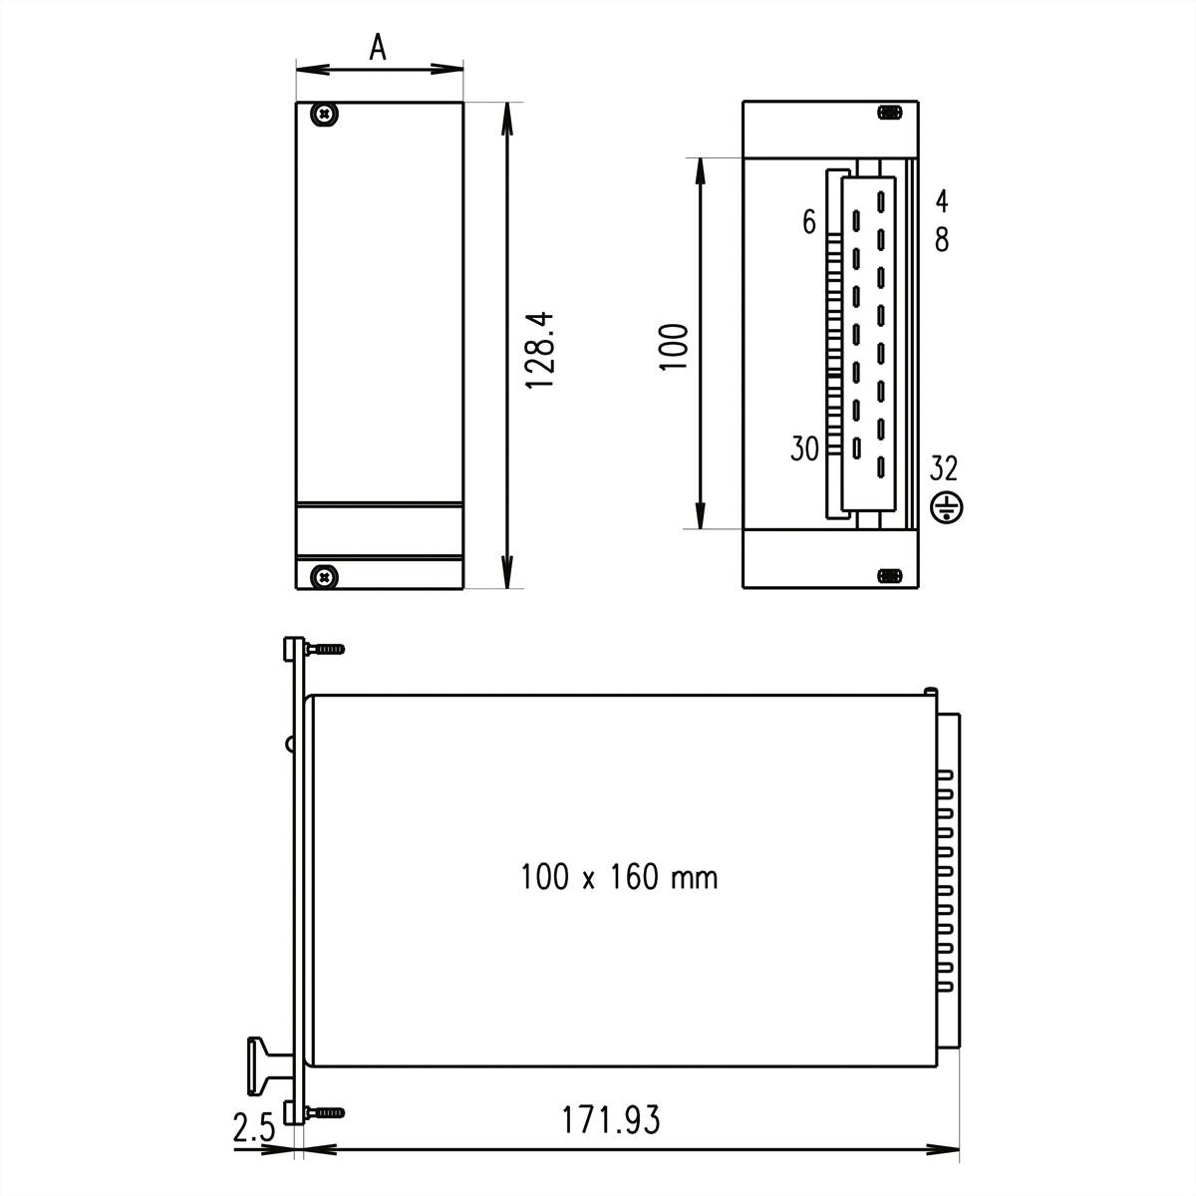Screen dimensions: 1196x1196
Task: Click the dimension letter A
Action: [378, 47]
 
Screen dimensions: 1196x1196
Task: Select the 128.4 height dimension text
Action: [540, 350]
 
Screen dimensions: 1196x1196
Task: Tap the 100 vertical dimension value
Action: [675, 346]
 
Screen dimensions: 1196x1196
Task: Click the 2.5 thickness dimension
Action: [253, 1129]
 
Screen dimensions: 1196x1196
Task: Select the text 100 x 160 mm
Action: [618, 877]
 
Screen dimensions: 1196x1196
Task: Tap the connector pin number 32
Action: [944, 467]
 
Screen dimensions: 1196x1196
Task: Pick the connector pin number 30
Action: [804, 449]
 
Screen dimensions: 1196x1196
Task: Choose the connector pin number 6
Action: [809, 222]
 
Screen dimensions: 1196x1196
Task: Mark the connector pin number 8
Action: [942, 240]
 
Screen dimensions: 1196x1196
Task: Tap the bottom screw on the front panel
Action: [324, 575]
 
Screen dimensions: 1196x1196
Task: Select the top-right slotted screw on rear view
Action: [889, 113]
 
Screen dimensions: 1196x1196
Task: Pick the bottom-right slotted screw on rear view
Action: [889, 576]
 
